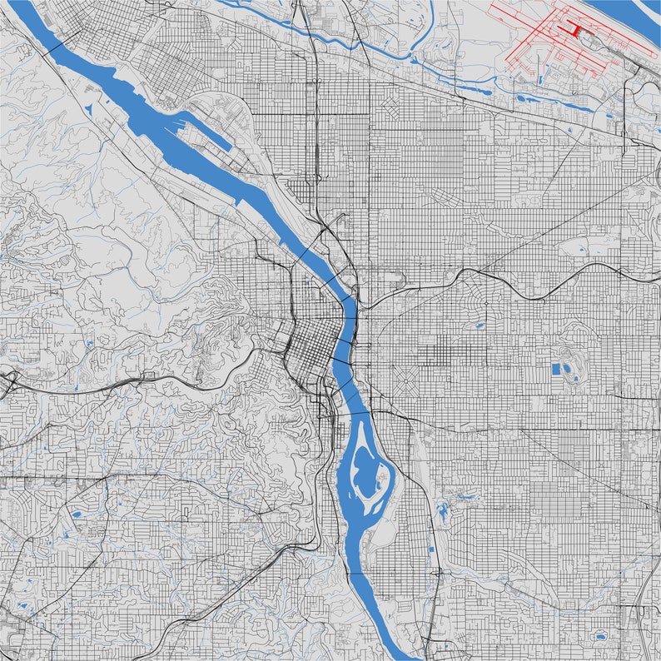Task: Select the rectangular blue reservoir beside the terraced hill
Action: (x=556, y=369)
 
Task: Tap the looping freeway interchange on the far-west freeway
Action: (x=10, y=384)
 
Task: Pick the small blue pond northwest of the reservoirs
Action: (x=480, y=326)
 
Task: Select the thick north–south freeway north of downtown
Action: (x=318, y=125)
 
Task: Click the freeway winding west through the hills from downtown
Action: (x=166, y=380)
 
